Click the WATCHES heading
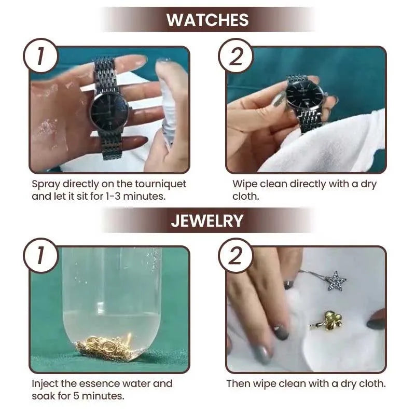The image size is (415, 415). click(208, 20)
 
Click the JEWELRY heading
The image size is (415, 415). click(207, 220)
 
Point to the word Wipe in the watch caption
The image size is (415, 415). click(244, 184)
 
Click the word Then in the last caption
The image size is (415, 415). click(238, 384)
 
